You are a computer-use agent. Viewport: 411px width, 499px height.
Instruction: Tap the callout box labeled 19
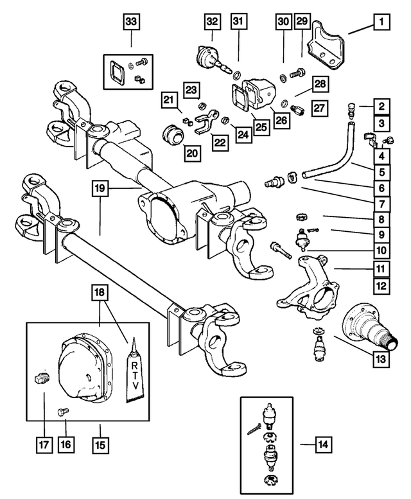point(100,189)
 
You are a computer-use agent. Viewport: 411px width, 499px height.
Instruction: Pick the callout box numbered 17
point(42,443)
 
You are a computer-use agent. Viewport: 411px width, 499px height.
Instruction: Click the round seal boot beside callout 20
point(171,134)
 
